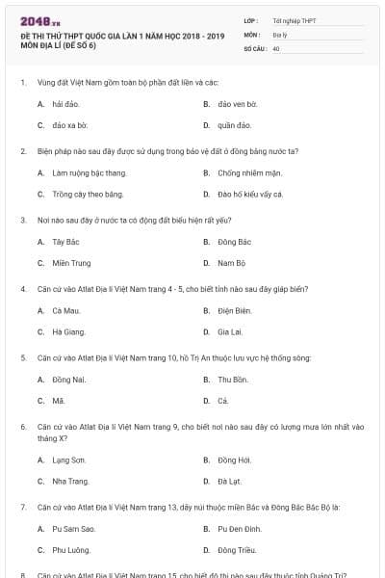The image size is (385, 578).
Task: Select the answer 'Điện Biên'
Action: coord(234,310)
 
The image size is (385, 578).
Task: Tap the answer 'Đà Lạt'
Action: coord(229,481)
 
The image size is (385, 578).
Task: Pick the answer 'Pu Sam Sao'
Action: coord(73,528)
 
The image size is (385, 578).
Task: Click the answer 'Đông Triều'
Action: coord(236,549)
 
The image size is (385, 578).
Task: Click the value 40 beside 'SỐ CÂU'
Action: coord(276,47)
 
